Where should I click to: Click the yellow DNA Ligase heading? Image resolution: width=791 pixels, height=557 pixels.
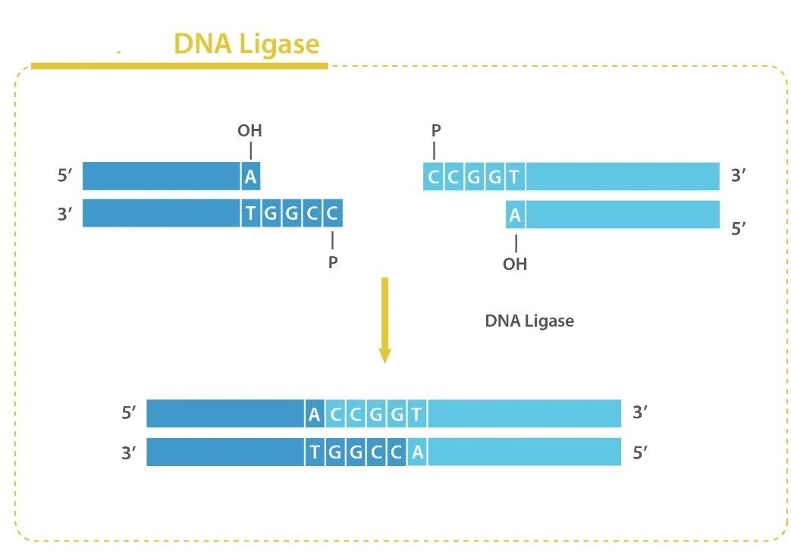(246, 44)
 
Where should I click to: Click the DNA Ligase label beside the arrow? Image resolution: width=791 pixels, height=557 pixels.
(529, 321)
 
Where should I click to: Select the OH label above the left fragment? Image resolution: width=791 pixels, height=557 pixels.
(250, 131)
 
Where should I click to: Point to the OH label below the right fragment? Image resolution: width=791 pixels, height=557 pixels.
(515, 264)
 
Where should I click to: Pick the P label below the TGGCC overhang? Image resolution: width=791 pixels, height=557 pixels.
(333, 263)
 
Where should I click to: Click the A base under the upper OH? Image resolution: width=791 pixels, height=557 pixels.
(250, 177)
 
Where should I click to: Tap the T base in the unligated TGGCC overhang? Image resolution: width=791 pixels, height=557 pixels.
(250, 214)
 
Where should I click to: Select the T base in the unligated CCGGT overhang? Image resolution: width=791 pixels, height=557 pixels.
(513, 177)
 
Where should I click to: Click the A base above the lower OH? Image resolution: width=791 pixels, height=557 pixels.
(515, 215)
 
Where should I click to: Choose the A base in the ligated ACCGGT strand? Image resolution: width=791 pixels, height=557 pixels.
(315, 415)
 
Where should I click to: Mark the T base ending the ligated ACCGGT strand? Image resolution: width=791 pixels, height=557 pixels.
(416, 415)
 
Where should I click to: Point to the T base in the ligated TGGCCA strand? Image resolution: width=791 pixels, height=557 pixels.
(315, 452)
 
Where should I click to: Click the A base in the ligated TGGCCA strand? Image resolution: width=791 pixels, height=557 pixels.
(416, 452)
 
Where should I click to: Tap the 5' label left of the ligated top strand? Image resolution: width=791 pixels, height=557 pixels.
(129, 414)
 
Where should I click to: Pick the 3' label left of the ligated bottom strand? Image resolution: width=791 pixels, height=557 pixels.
(129, 453)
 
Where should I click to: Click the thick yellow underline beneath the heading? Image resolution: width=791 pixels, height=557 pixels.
(179, 66)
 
